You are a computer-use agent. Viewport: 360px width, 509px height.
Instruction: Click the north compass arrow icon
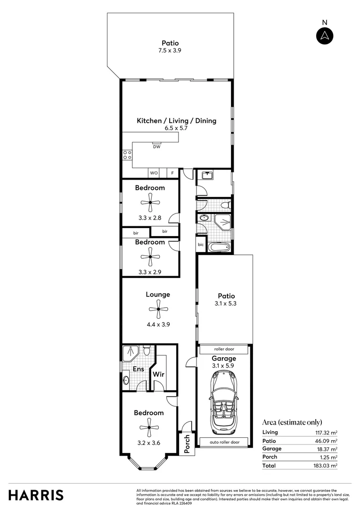click(x=324, y=35)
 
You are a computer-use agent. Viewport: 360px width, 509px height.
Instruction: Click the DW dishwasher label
click(x=157, y=147)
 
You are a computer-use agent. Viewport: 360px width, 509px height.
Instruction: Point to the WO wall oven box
click(x=154, y=173)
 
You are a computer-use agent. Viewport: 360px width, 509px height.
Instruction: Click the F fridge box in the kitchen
click(x=172, y=173)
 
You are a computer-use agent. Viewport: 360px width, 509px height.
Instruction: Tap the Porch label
click(x=187, y=444)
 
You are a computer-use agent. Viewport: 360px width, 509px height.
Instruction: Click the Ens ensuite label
click(x=138, y=369)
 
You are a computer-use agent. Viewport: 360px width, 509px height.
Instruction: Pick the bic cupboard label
click(x=201, y=245)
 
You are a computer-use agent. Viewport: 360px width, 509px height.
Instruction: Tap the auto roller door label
click(x=224, y=442)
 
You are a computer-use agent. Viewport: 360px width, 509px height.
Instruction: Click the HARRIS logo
click(x=36, y=495)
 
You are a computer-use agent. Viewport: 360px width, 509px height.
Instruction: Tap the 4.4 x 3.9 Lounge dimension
click(x=158, y=324)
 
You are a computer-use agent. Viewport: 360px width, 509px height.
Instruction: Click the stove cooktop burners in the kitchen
click(x=127, y=155)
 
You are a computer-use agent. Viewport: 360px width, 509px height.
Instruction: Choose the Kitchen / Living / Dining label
click(x=176, y=121)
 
